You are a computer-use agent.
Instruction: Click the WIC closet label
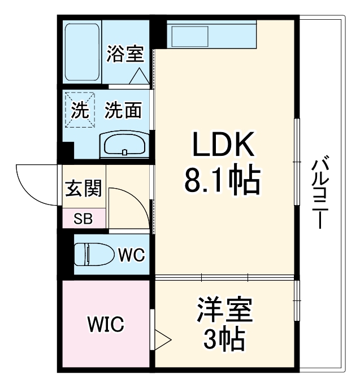coord(105,325)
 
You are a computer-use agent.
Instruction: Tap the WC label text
coord(131,255)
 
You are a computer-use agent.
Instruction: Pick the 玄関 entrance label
coord(83,189)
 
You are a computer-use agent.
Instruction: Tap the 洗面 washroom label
coord(123,111)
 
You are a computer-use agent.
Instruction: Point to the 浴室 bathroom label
coord(125,55)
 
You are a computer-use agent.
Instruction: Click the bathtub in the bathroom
coord(83,51)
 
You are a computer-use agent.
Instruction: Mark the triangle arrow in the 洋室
coord(162,340)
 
